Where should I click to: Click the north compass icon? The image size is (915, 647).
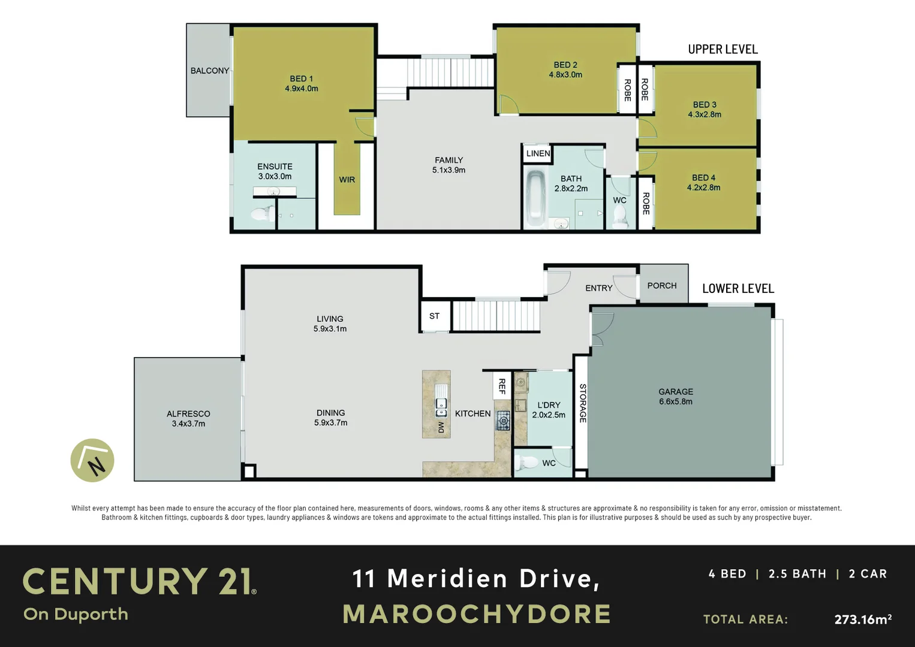(92, 461)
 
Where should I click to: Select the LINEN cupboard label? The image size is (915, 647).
(538, 153)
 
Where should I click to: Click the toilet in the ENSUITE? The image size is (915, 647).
(262, 214)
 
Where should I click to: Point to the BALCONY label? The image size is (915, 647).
(209, 71)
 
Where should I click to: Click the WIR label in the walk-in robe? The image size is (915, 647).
(347, 180)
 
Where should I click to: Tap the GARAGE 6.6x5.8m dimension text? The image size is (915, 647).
(676, 401)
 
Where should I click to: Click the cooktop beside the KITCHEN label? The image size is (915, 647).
(503, 421)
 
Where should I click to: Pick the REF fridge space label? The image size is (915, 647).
(502, 386)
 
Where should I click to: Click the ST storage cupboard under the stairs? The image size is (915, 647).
(434, 316)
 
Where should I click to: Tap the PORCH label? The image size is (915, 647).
(662, 286)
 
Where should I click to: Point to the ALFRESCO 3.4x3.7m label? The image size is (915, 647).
(188, 419)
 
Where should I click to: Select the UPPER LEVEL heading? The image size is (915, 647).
(723, 49)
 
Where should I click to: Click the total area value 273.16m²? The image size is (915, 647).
(862, 619)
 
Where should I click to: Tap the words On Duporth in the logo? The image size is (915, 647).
(76, 615)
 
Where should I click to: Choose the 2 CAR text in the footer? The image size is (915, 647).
(868, 574)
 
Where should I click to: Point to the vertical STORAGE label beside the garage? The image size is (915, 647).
(582, 403)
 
